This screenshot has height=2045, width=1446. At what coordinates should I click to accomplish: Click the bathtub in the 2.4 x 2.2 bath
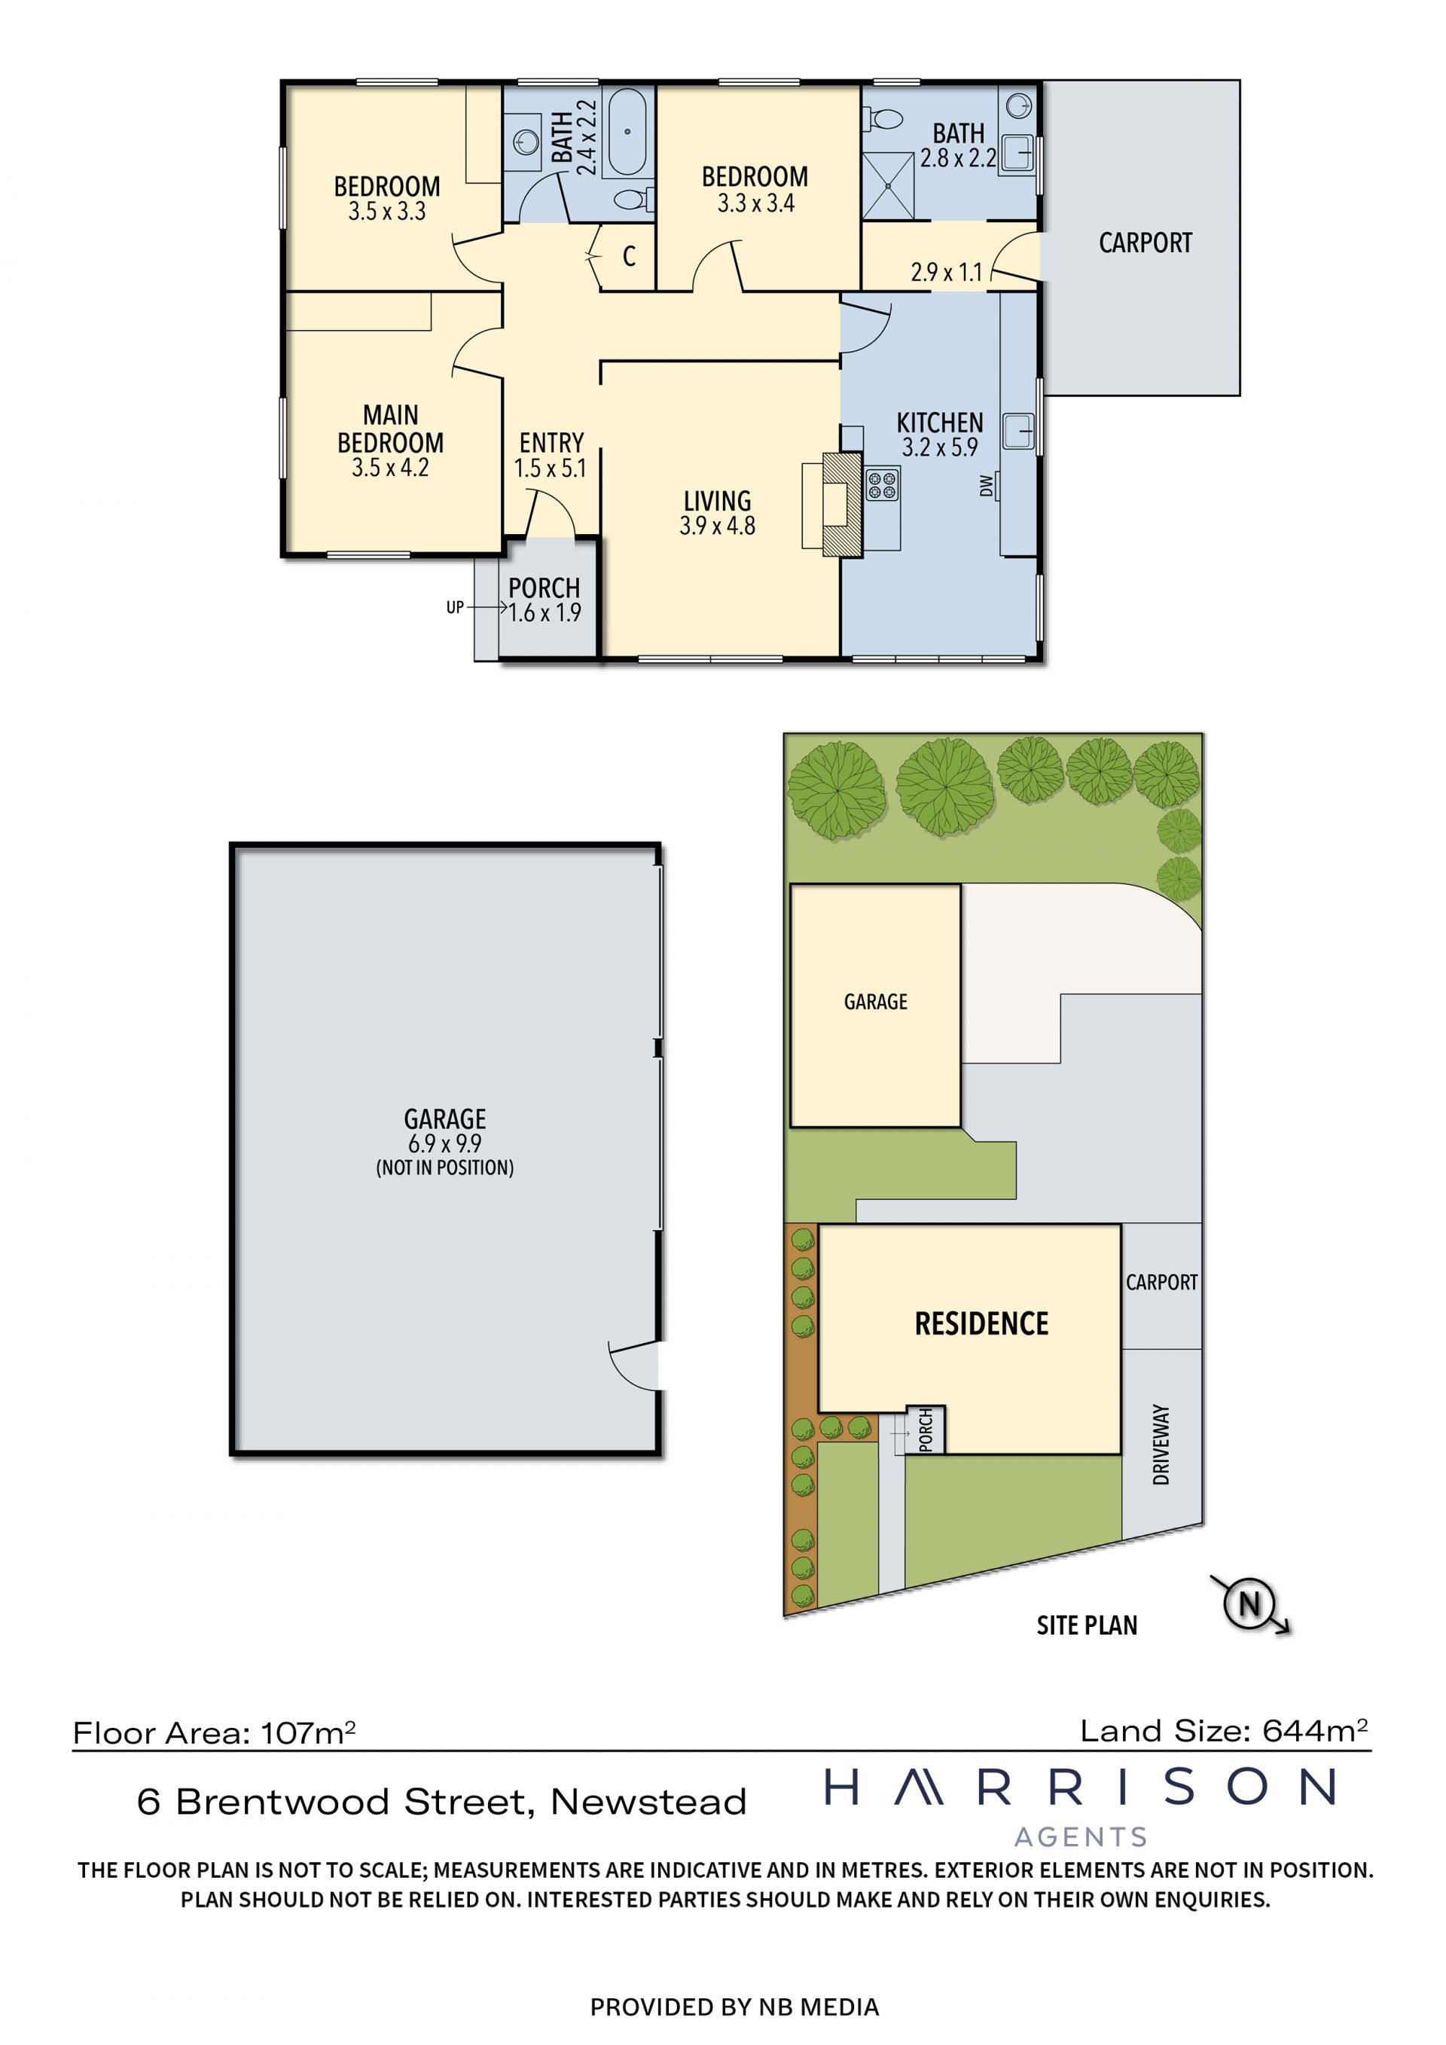click(x=627, y=132)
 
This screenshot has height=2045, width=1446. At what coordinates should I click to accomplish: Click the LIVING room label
click(x=717, y=501)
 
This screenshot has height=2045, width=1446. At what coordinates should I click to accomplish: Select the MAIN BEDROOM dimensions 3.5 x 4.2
click(x=390, y=468)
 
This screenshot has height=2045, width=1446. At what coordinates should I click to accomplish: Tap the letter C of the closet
click(x=629, y=257)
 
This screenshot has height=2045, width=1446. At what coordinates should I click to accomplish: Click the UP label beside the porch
click(x=455, y=607)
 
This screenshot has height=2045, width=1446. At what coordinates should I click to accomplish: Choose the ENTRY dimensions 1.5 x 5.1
click(x=551, y=468)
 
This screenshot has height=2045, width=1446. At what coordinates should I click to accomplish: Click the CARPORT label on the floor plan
click(x=1145, y=243)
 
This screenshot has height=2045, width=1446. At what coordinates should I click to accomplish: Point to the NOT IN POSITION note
click(x=444, y=1167)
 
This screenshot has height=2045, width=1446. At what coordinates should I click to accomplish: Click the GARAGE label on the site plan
click(x=875, y=1002)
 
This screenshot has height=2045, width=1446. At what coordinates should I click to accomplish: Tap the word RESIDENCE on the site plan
click(x=981, y=1323)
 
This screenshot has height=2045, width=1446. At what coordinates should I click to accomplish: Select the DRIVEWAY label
click(x=1161, y=1445)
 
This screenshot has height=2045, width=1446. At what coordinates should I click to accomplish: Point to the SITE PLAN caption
click(x=1086, y=1625)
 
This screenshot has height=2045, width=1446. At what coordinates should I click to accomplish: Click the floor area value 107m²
click(x=308, y=1733)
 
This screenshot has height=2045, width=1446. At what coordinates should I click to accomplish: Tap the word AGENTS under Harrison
click(x=1081, y=1836)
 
